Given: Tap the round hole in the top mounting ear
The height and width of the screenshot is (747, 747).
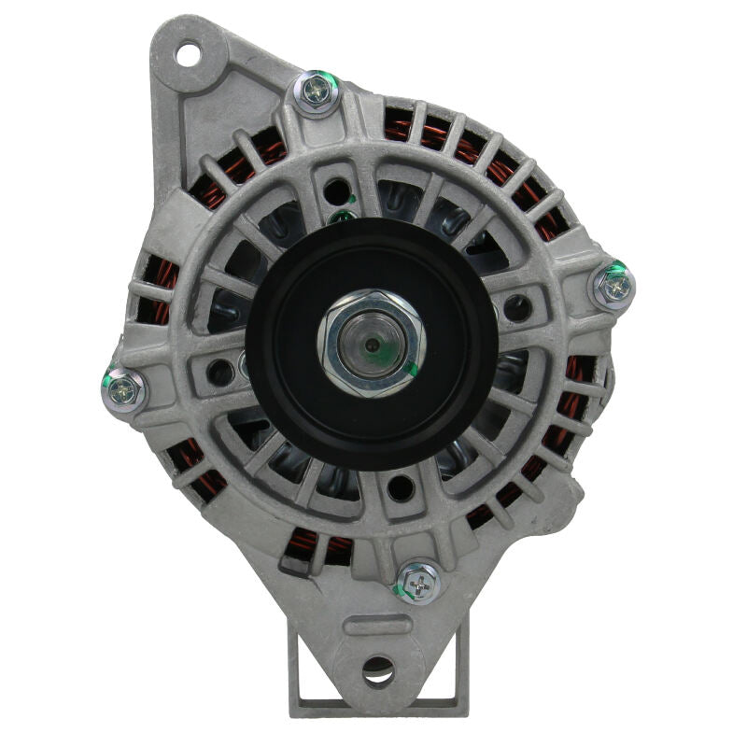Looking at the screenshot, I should [190, 53].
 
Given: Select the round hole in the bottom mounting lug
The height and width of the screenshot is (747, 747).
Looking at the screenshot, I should [378, 668].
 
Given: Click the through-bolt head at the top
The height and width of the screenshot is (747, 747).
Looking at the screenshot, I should [317, 92].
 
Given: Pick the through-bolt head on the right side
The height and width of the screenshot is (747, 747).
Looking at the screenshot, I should [613, 287].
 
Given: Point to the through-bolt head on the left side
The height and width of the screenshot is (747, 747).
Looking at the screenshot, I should [124, 389].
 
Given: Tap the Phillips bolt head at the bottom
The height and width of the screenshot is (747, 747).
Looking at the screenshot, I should [419, 584].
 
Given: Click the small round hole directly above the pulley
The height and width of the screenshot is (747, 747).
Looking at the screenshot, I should [336, 193].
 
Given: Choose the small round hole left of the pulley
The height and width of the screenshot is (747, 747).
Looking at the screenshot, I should [221, 372].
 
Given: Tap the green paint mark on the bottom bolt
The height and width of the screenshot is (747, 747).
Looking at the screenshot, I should [402, 590].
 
